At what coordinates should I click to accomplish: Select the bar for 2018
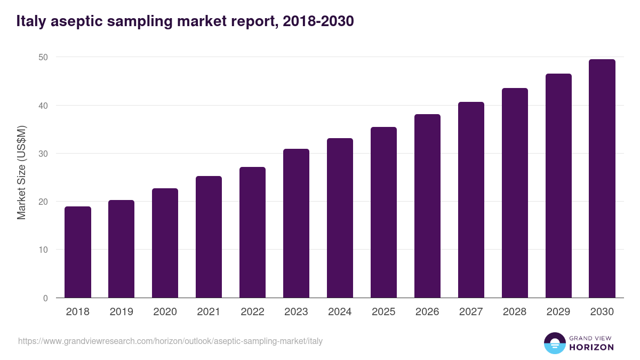78,252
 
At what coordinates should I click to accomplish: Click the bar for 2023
296,223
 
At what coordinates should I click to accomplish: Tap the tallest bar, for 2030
602,179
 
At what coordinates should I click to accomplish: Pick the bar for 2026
427,206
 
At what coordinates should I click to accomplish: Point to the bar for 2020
165,243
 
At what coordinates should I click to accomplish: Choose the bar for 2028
515,193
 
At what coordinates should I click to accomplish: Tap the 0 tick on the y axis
46,298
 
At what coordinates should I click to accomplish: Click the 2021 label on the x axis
209,312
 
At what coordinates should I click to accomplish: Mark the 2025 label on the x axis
383,312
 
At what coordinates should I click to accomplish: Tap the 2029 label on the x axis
558,312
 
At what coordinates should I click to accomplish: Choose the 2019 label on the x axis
121,312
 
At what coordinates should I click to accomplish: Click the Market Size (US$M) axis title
22,172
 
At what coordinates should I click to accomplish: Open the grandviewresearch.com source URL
170,341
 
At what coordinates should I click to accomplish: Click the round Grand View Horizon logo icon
554,343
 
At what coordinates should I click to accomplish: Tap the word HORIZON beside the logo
591,347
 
